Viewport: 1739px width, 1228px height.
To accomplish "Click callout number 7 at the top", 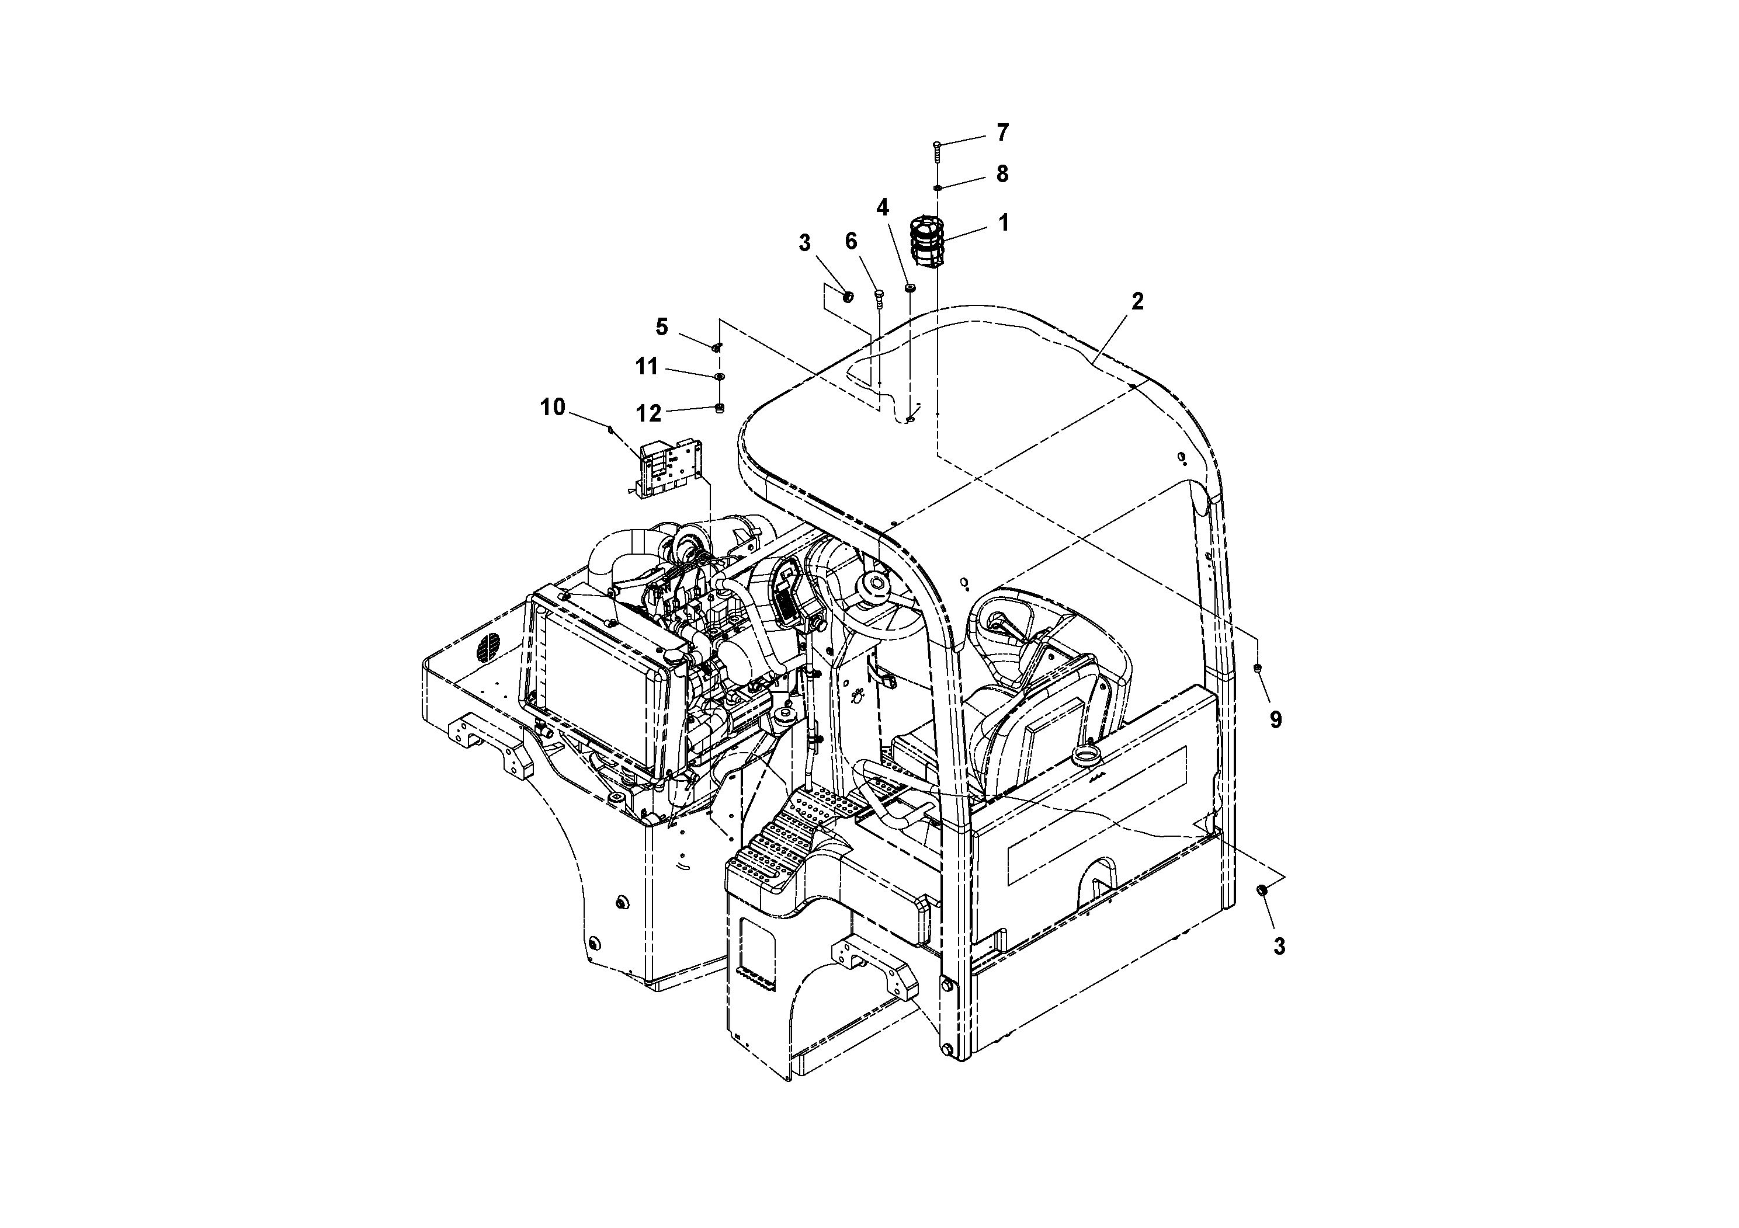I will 1002,133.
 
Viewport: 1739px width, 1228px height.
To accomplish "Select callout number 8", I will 1002,174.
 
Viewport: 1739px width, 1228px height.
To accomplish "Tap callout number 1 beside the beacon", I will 1003,222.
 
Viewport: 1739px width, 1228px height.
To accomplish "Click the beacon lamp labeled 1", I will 927,242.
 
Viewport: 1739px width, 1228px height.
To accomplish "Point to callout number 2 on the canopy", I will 1137,301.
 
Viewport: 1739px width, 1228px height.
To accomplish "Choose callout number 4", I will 883,207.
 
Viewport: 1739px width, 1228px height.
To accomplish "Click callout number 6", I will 851,242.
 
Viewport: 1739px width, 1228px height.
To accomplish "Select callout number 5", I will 662,327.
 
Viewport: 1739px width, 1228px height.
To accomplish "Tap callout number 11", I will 646,367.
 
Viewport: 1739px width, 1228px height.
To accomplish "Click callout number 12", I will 648,413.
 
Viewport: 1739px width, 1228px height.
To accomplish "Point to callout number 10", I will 552,408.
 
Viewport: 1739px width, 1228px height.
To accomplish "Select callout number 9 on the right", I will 1275,720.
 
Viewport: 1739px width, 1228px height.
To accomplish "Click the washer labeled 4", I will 910,288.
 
